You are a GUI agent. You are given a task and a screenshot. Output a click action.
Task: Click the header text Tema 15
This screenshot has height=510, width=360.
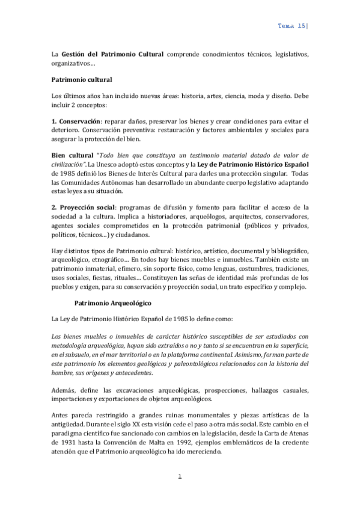click(x=293, y=26)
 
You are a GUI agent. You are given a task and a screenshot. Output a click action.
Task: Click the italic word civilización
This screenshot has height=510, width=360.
click(x=66, y=164)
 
